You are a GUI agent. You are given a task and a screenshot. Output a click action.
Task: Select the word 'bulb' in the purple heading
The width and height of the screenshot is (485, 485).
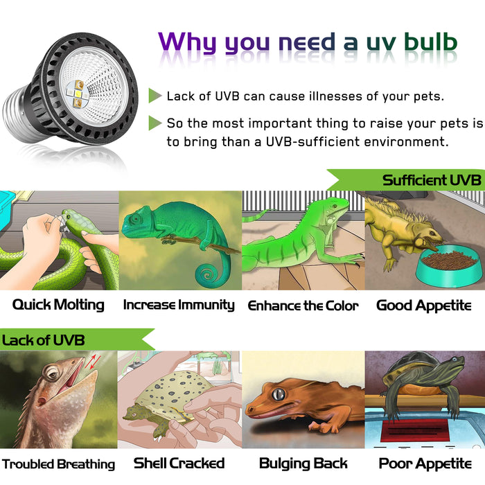point(424,42)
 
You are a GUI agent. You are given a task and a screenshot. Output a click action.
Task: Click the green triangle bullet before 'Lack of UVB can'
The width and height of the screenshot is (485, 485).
point(155,96)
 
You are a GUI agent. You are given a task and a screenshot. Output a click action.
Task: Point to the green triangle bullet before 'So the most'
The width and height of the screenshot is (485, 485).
point(155,123)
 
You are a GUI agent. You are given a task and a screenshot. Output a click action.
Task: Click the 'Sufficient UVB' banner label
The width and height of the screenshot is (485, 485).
point(431,180)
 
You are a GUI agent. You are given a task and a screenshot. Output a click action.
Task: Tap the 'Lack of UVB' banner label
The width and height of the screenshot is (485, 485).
point(44,339)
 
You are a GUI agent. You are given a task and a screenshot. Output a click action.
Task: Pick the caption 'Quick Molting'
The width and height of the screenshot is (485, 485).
point(58,304)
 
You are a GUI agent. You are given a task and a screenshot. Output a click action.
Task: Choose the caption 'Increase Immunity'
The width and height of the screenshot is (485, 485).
point(179,305)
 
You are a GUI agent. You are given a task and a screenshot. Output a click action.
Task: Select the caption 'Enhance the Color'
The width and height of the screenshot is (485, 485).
point(303,306)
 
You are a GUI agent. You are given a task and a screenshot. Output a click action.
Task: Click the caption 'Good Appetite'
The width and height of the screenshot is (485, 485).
point(423,305)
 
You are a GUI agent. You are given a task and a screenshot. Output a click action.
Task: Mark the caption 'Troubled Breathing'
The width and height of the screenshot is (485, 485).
point(58,464)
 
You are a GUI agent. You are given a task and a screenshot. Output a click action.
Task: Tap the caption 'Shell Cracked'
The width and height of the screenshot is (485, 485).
point(179,464)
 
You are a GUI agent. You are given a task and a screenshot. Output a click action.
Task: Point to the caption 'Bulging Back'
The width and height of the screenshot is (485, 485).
point(303,464)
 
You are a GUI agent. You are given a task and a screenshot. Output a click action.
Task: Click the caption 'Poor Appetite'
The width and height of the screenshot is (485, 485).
point(425,464)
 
